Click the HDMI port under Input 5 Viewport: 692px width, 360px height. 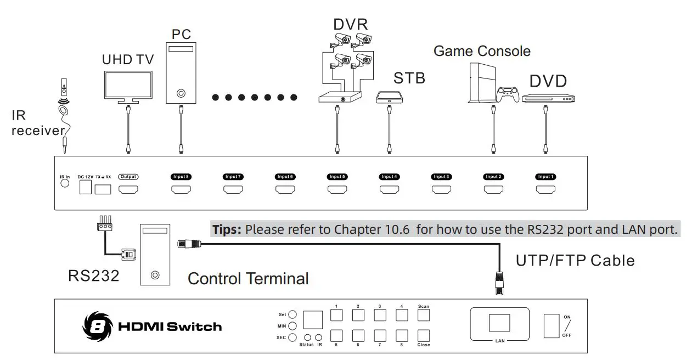(337, 189)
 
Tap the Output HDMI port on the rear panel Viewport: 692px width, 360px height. (128, 189)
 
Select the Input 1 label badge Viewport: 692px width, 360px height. (545, 177)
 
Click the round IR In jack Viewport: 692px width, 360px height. (65, 183)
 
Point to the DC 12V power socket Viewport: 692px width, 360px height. (86, 187)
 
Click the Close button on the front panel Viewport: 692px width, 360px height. (424, 336)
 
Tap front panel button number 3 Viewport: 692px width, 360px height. (380, 315)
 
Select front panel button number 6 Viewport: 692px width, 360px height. (358, 336)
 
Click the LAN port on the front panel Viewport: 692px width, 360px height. (499, 323)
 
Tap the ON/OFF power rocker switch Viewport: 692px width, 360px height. (552, 326)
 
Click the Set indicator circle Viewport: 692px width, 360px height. (292, 314)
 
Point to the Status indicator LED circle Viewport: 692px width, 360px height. (307, 337)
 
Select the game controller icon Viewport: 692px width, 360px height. (508, 94)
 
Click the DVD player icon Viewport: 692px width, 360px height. (548, 98)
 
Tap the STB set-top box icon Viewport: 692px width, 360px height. (389, 97)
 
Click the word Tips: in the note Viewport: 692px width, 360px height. (227, 229)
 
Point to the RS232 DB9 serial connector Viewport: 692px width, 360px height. (128, 255)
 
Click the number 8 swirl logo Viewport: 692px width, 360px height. (98, 327)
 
